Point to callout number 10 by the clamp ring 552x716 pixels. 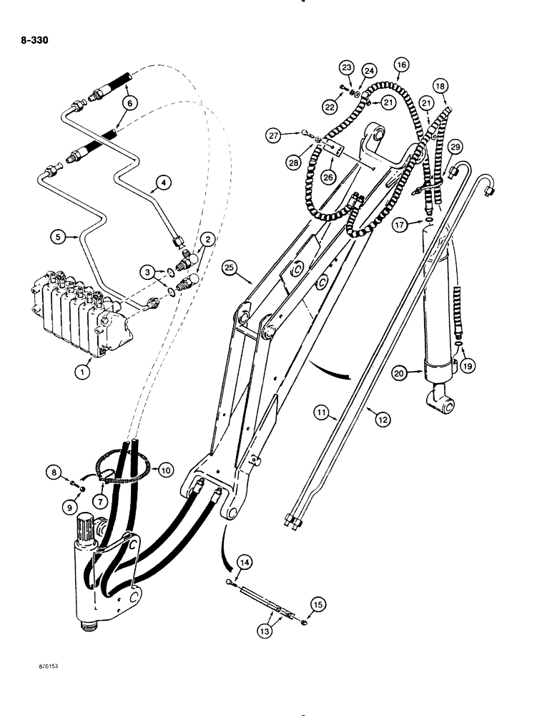pyautogui.click(x=166, y=469)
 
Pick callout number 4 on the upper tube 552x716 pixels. pyautogui.click(x=163, y=184)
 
